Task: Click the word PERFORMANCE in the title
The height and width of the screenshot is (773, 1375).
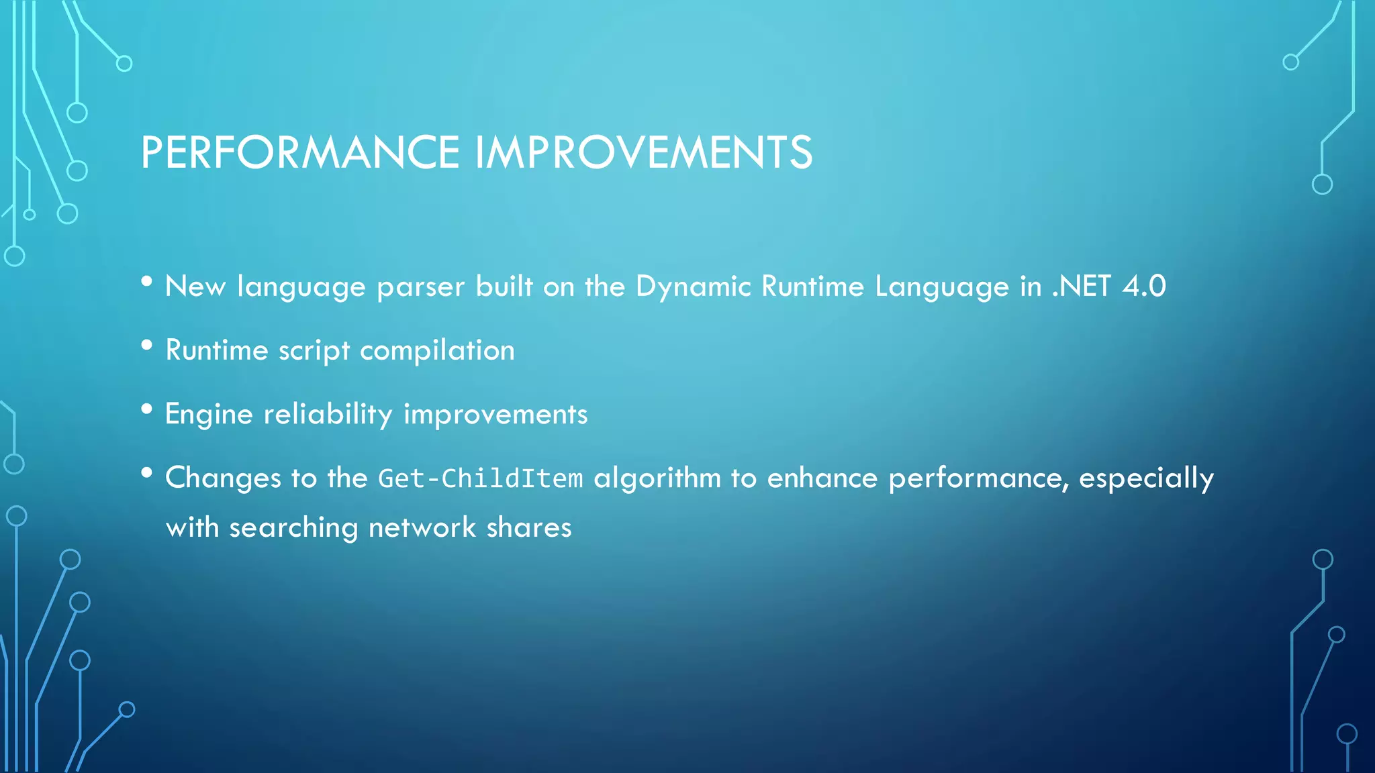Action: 299,152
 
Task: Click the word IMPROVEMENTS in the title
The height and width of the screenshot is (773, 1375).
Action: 644,152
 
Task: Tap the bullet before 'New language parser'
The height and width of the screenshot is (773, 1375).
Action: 147,282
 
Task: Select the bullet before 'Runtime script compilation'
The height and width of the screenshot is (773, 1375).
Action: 147,346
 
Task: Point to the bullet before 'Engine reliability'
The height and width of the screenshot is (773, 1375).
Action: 147,409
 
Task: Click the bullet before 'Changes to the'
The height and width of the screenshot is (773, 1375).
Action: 147,473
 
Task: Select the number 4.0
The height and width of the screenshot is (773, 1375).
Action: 1144,287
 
